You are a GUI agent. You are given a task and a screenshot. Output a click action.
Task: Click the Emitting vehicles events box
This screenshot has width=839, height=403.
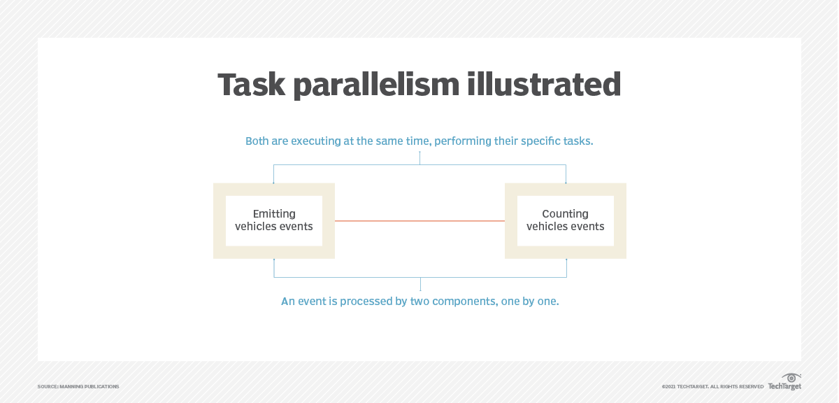click(x=274, y=221)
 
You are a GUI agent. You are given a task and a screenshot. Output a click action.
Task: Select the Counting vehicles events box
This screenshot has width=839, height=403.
click(x=566, y=221)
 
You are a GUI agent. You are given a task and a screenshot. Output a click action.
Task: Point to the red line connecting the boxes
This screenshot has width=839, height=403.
click(x=419, y=221)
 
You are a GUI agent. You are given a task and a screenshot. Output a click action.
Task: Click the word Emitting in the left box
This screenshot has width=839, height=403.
click(x=274, y=214)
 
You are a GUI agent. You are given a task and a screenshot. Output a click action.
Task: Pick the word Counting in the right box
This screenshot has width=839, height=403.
click(x=566, y=214)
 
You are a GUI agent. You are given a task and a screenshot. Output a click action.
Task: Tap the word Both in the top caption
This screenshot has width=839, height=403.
click(x=257, y=141)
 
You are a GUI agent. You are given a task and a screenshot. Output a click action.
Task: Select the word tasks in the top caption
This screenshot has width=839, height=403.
click(x=577, y=141)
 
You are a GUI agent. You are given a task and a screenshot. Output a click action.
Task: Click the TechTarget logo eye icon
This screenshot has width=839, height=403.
click(x=791, y=378)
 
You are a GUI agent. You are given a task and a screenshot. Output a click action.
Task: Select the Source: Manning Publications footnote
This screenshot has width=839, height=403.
click(x=78, y=386)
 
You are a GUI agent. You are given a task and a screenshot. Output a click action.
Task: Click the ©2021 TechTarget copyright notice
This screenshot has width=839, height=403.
click(x=712, y=386)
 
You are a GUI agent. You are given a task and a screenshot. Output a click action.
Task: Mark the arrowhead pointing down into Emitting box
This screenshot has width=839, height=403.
click(x=274, y=182)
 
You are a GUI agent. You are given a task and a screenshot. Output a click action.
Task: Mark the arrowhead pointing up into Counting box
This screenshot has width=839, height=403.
click(x=566, y=260)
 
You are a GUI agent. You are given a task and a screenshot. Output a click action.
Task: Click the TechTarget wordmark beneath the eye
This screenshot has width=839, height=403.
click(x=784, y=386)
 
